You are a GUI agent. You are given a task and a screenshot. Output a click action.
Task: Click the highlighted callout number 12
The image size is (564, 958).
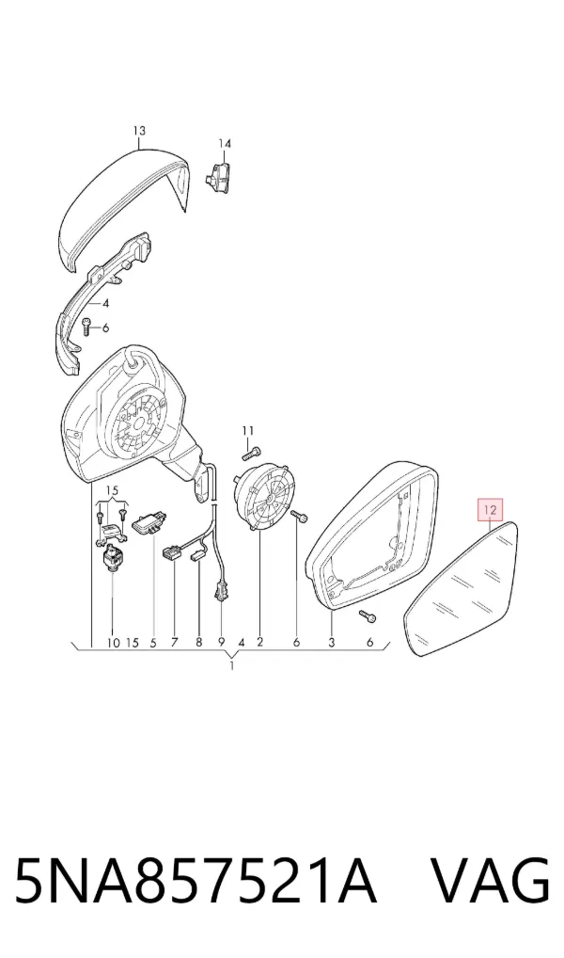(x=491, y=508)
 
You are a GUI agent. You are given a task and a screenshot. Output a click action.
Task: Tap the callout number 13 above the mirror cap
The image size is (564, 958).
(x=139, y=130)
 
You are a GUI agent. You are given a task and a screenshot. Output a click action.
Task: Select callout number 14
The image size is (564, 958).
(x=225, y=144)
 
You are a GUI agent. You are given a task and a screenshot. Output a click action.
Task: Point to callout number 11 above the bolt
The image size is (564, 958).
(x=247, y=430)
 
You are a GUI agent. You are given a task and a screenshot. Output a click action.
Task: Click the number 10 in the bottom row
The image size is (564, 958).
(x=113, y=642)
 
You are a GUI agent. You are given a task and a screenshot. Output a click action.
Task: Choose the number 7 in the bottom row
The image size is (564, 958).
(x=175, y=642)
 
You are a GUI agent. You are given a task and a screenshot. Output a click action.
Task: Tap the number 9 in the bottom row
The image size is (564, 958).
(x=222, y=642)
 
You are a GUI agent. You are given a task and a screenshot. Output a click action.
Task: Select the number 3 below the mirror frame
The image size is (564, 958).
(x=332, y=642)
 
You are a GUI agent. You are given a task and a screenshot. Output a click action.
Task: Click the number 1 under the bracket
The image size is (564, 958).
(x=232, y=665)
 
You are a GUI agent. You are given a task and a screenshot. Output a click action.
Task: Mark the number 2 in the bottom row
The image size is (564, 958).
(x=260, y=642)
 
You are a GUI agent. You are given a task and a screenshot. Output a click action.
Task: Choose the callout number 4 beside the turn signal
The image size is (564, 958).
(x=105, y=303)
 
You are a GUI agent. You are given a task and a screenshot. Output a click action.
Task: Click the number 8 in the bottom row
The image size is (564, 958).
(x=198, y=642)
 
